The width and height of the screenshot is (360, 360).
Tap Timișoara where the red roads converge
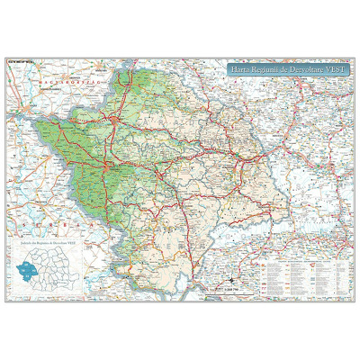tap(106, 168)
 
